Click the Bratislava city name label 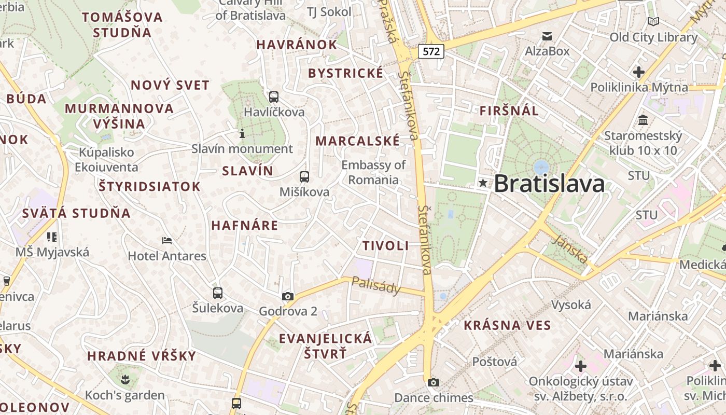(549, 184)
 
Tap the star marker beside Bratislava (483, 183)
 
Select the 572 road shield (431, 51)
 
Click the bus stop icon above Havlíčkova (274, 97)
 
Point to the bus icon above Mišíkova (304, 177)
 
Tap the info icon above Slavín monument (242, 134)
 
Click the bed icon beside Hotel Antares (167, 241)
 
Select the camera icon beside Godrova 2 (288, 296)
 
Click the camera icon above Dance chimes (434, 383)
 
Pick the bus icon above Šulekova (218, 293)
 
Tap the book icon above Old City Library (653, 22)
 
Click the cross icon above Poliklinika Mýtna (639, 72)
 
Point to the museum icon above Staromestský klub (643, 120)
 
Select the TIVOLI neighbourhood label (385, 246)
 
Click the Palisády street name (376, 285)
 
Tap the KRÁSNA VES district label (507, 325)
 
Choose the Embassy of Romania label (373, 172)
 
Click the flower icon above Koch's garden (124, 380)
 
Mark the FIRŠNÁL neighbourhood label (509, 110)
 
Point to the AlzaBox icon (547, 36)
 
